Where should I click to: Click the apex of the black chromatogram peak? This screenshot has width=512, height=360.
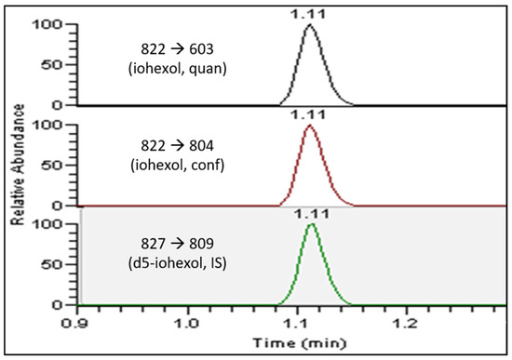click(311, 25)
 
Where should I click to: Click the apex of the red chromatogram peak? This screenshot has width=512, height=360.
click(311, 127)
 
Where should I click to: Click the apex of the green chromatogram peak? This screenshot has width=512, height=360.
click(312, 225)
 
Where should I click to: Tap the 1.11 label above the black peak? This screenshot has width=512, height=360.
click(311, 12)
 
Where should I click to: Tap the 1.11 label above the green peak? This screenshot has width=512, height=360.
click(312, 213)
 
